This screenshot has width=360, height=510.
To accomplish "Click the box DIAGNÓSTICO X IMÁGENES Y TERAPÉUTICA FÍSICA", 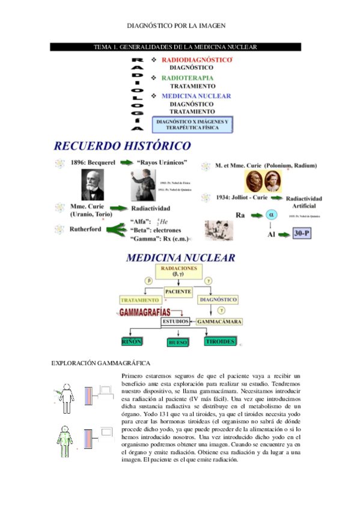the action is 192,124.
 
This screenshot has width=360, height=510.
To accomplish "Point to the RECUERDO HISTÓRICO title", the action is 123,146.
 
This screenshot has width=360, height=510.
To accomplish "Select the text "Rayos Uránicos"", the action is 162,162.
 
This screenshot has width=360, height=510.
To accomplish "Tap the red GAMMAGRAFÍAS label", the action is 144,312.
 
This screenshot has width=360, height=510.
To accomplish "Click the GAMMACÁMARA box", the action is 219,322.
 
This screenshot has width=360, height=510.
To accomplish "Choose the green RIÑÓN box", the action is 131,342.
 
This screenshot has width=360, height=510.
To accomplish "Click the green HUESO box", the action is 178,342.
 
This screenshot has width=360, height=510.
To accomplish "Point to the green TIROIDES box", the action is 221,341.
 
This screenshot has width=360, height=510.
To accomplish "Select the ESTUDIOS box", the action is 175,322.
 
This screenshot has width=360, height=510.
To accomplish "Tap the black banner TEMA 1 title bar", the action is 180,47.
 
